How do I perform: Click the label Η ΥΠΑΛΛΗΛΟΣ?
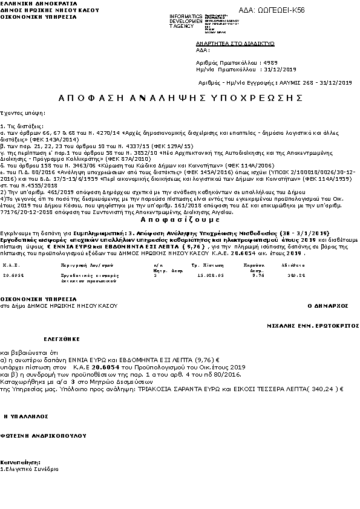point(24,417)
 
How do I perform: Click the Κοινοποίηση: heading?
point(19,462)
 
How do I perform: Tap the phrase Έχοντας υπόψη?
point(20,112)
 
